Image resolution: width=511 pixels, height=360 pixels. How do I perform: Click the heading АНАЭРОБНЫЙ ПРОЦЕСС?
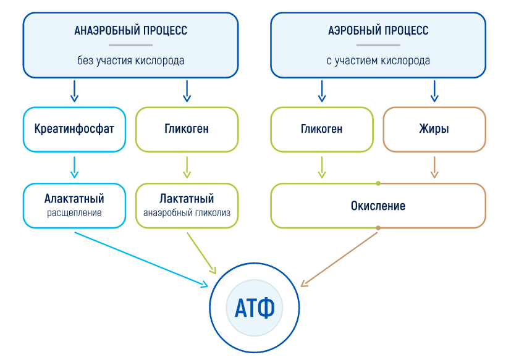point(130,30)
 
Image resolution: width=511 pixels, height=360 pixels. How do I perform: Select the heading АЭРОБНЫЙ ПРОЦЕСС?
point(378,30)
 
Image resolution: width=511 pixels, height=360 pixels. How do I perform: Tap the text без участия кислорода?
point(130,61)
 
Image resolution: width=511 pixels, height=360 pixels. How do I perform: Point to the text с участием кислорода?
point(378,61)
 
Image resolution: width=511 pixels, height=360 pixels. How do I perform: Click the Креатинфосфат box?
point(74,129)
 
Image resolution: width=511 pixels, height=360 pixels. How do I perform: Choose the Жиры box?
point(434,129)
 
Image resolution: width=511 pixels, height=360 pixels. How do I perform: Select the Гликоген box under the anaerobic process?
point(187,129)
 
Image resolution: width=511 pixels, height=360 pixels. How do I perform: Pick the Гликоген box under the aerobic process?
point(322,129)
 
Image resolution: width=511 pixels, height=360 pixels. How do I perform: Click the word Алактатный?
point(74,198)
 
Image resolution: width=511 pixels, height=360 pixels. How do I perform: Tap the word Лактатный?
point(187,198)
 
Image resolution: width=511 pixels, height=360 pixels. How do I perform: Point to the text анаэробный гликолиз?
point(187,213)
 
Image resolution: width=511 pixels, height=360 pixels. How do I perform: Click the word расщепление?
point(74,213)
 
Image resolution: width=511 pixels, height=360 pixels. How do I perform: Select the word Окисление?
point(378,206)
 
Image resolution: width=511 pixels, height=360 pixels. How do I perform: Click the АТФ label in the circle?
point(255,308)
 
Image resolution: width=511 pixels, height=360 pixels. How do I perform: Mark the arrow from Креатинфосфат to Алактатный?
point(75,167)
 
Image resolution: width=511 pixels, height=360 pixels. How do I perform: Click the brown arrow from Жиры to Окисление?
point(434,167)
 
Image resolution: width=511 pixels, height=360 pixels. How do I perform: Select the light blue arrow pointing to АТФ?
point(141,259)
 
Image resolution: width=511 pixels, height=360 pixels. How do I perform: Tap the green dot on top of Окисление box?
point(378,183)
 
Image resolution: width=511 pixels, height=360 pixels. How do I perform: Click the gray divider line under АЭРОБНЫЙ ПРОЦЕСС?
point(378,45)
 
